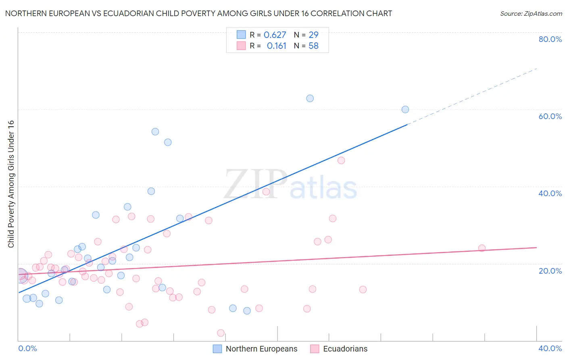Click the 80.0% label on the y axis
pos(550,39)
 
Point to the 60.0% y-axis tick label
pos(550,116)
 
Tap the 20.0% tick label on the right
pos(550,271)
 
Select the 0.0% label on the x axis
pos(27,348)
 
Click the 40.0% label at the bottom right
pos(550,348)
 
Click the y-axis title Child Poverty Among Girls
pos(11,184)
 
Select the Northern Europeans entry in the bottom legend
pos(261,349)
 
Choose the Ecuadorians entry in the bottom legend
pos(345,349)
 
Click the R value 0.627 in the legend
pos(275,35)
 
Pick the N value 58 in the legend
pos(313,46)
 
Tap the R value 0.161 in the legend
pos(276,46)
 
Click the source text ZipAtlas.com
pos(531,14)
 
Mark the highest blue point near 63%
pos(310,98)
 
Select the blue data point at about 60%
pos(405,109)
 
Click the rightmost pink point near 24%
pos(482,248)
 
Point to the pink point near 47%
pos(341,160)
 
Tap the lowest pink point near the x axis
pos(221,333)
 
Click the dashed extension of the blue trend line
pos(472,97)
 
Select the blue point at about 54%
pos(155,132)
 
